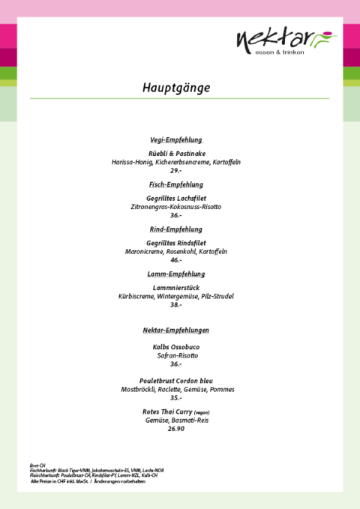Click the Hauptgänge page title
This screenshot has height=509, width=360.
pos(176,88)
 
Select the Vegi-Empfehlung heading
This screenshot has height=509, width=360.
pos(176,140)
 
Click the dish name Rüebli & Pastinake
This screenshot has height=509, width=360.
pos(176,153)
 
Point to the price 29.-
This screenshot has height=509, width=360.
pos(176,171)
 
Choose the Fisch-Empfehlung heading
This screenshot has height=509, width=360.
pos(176,184)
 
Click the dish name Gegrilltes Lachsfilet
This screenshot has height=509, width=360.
pos(176,198)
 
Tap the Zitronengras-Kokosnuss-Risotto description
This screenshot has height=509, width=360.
pos(176,207)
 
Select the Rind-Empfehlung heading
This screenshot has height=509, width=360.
pos(176,229)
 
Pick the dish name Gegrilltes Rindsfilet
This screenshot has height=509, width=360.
pos(176,243)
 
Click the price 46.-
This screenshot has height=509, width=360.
pos(176,260)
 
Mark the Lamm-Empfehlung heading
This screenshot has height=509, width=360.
pos(176,274)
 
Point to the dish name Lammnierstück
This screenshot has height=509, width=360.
pos(176,287)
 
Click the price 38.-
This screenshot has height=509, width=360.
pos(176,305)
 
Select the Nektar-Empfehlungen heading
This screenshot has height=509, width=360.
pos(176,331)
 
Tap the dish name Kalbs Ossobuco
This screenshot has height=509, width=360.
pos(176,347)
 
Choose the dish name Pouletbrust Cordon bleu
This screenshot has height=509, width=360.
pos(176,381)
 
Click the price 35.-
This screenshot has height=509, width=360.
pos(176,398)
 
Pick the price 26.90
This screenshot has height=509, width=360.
pos(176,429)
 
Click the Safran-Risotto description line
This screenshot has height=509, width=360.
pos(176,356)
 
